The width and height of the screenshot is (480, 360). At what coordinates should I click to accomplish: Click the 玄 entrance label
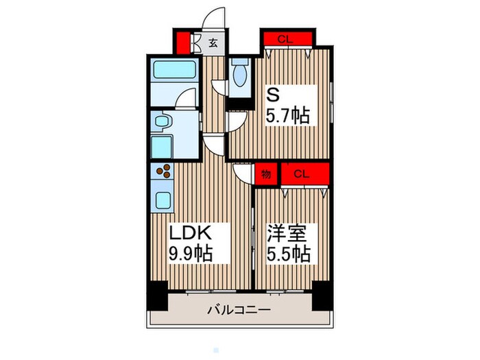pyautogui.click(x=213, y=43)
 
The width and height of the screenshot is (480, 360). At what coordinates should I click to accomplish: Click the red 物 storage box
pyautogui.click(x=266, y=174)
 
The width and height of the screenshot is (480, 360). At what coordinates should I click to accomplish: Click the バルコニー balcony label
pyautogui.click(x=239, y=311)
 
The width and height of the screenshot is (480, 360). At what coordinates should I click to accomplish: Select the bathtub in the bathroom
pyautogui.click(x=173, y=70)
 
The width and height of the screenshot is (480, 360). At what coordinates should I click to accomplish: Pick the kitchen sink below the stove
pyautogui.click(x=165, y=201)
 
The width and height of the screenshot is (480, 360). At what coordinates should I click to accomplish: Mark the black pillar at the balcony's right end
pyautogui.click(x=321, y=295)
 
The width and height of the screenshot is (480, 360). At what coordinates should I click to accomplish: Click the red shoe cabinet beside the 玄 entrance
pyautogui.click(x=183, y=41)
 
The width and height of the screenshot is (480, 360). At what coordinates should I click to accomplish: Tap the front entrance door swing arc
pyautogui.click(x=215, y=17)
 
